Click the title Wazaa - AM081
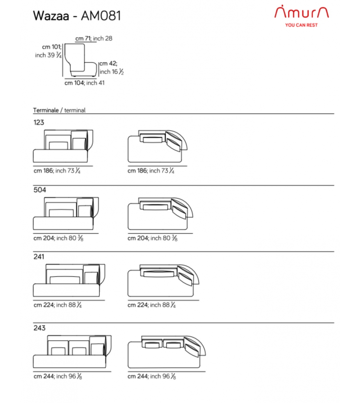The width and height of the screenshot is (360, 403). [x=77, y=16]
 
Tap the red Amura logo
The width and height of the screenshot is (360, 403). [x=301, y=12]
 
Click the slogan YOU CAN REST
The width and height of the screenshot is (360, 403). [x=301, y=25]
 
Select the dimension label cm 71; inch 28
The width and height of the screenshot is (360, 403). [x=94, y=39]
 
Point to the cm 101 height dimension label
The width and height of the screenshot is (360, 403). [x=49, y=51]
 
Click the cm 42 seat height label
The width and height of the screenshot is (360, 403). [x=112, y=68]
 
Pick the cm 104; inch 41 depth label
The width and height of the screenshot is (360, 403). [x=85, y=83]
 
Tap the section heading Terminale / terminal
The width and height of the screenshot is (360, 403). [x=59, y=110]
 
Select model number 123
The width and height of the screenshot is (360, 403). [x=39, y=122]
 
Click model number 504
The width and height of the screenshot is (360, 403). [x=40, y=190]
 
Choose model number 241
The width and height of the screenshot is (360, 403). [x=39, y=257]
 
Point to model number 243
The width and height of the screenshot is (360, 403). [x=39, y=328]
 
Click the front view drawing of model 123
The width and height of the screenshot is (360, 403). [x=63, y=146]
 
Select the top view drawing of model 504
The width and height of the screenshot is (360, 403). [x=160, y=214]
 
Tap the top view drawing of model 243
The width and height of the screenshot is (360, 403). [x=167, y=351]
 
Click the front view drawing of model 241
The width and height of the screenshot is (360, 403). [x=69, y=280]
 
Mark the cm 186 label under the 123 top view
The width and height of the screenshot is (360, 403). [x=151, y=171]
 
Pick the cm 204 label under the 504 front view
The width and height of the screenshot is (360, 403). [x=58, y=238]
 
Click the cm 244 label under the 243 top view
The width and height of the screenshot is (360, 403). [x=152, y=376]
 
